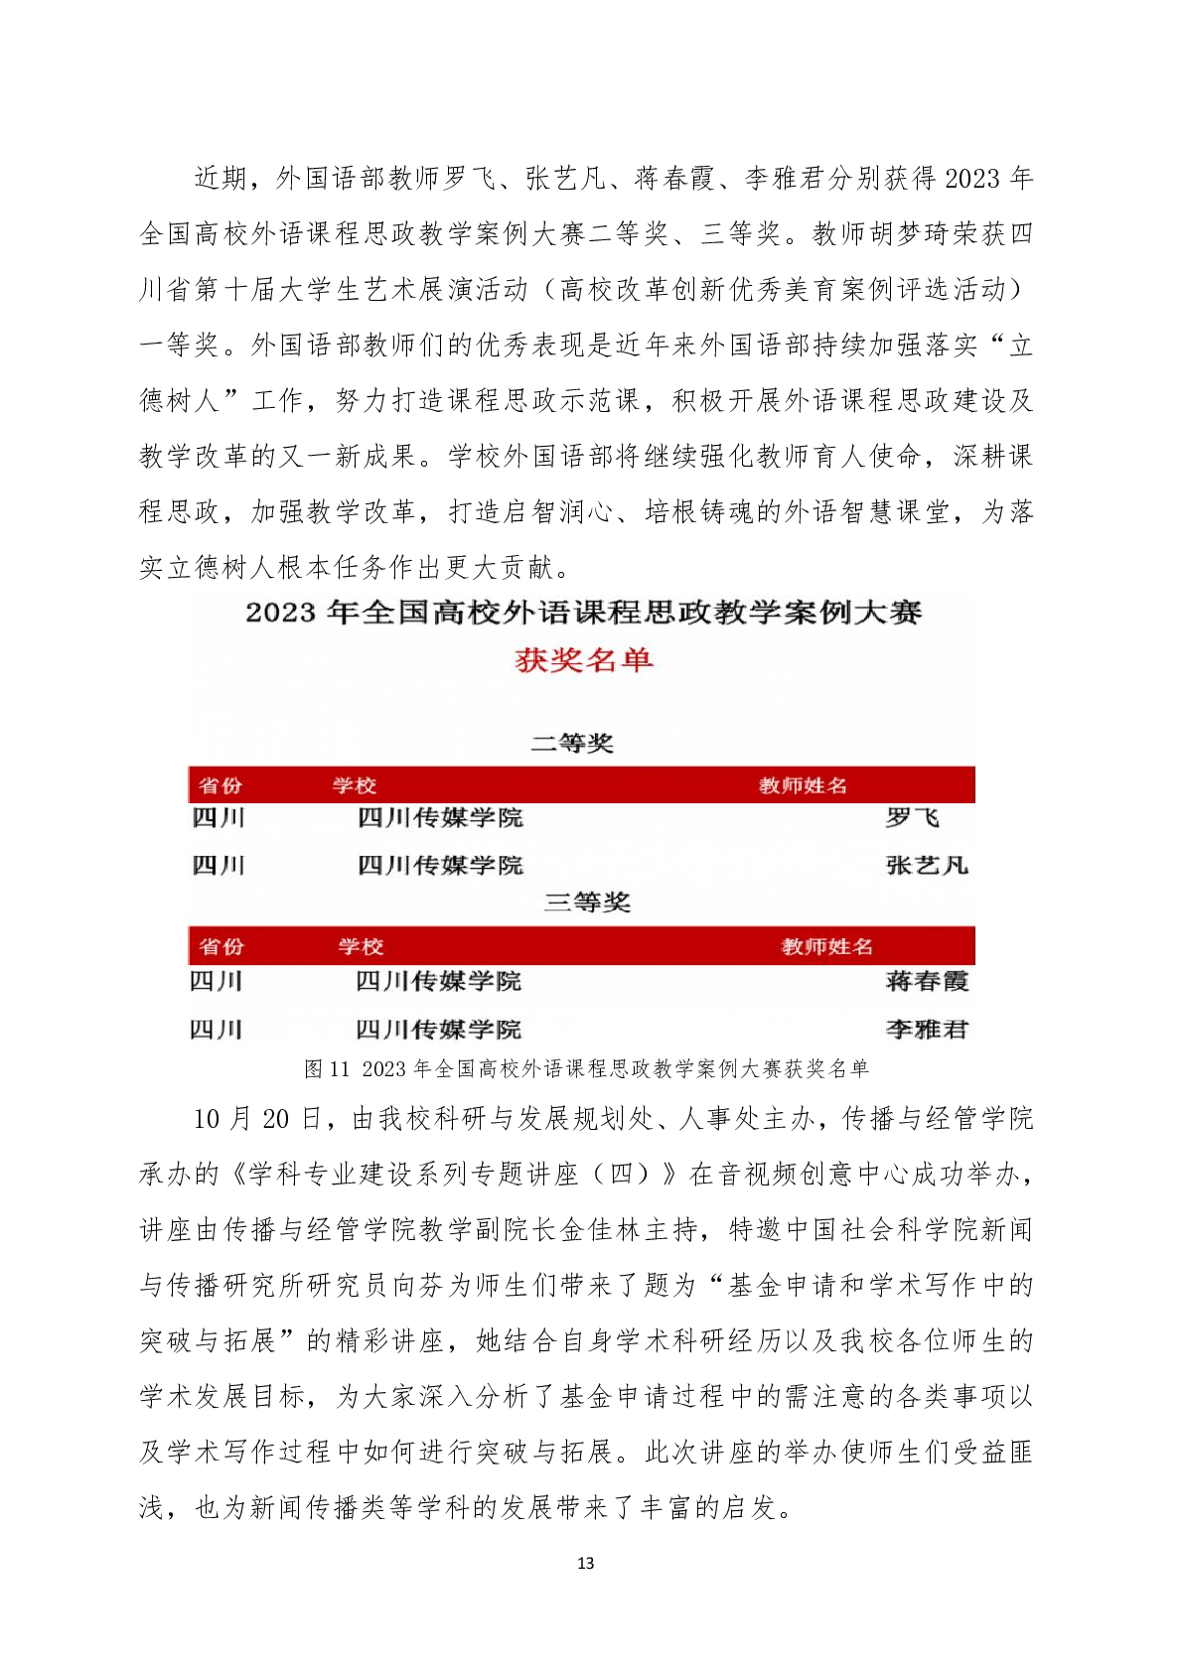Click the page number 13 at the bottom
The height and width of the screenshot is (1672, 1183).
[585, 1563]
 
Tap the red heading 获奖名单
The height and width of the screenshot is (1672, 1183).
[584, 660]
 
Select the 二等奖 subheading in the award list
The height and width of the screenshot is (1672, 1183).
[572, 743]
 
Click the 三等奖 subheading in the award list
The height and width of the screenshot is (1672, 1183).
[587, 903]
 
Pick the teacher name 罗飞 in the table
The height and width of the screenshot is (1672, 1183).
[912, 818]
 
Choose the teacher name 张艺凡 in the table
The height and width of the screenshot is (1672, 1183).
[926, 866]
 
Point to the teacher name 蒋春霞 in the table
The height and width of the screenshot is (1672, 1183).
[926, 981]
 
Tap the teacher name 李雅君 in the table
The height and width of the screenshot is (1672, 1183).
[926, 1030]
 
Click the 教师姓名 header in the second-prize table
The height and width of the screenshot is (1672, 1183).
[803, 785]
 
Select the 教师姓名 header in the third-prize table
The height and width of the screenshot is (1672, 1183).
[826, 946]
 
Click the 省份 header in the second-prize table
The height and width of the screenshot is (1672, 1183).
[221, 785]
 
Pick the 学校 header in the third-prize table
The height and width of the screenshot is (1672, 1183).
[360, 946]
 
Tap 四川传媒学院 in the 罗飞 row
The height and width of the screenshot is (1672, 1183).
[440, 818]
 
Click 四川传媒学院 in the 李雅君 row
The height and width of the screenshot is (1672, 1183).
[438, 1030]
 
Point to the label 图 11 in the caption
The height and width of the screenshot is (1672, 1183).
[327, 1068]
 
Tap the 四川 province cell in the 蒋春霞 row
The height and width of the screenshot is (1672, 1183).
[217, 981]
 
